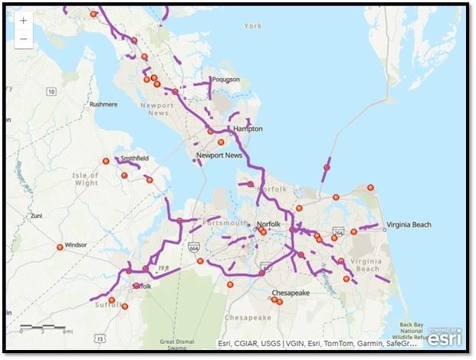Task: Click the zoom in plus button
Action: (23, 21)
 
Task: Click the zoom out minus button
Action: (23, 38)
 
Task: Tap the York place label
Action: (252, 26)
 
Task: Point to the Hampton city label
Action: (248, 129)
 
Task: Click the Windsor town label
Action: (76, 245)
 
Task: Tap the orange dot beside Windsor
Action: (60, 247)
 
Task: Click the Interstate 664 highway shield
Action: (193, 245)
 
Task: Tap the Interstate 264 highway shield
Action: (338, 232)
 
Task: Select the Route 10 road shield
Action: (51, 92)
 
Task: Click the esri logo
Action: (445, 336)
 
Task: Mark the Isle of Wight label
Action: (86, 179)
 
